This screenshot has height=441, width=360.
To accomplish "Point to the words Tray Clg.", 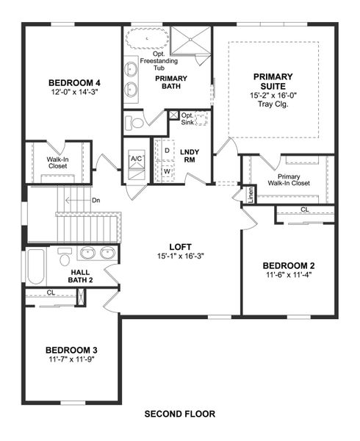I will (x=273, y=104).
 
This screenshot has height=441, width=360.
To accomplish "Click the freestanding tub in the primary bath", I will (x=145, y=38).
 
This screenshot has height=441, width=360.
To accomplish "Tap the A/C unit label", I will (x=137, y=159).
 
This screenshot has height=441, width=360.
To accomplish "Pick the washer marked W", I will (x=167, y=171).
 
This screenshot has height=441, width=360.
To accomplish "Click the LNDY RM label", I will (x=188, y=155).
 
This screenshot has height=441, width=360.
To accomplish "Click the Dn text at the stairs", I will (x=96, y=200).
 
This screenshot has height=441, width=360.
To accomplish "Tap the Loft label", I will (x=180, y=248).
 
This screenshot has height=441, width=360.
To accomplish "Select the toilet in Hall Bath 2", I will (x=65, y=259).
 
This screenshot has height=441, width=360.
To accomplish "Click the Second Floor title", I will (x=180, y=414).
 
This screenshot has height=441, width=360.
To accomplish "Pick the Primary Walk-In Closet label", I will (x=289, y=179).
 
